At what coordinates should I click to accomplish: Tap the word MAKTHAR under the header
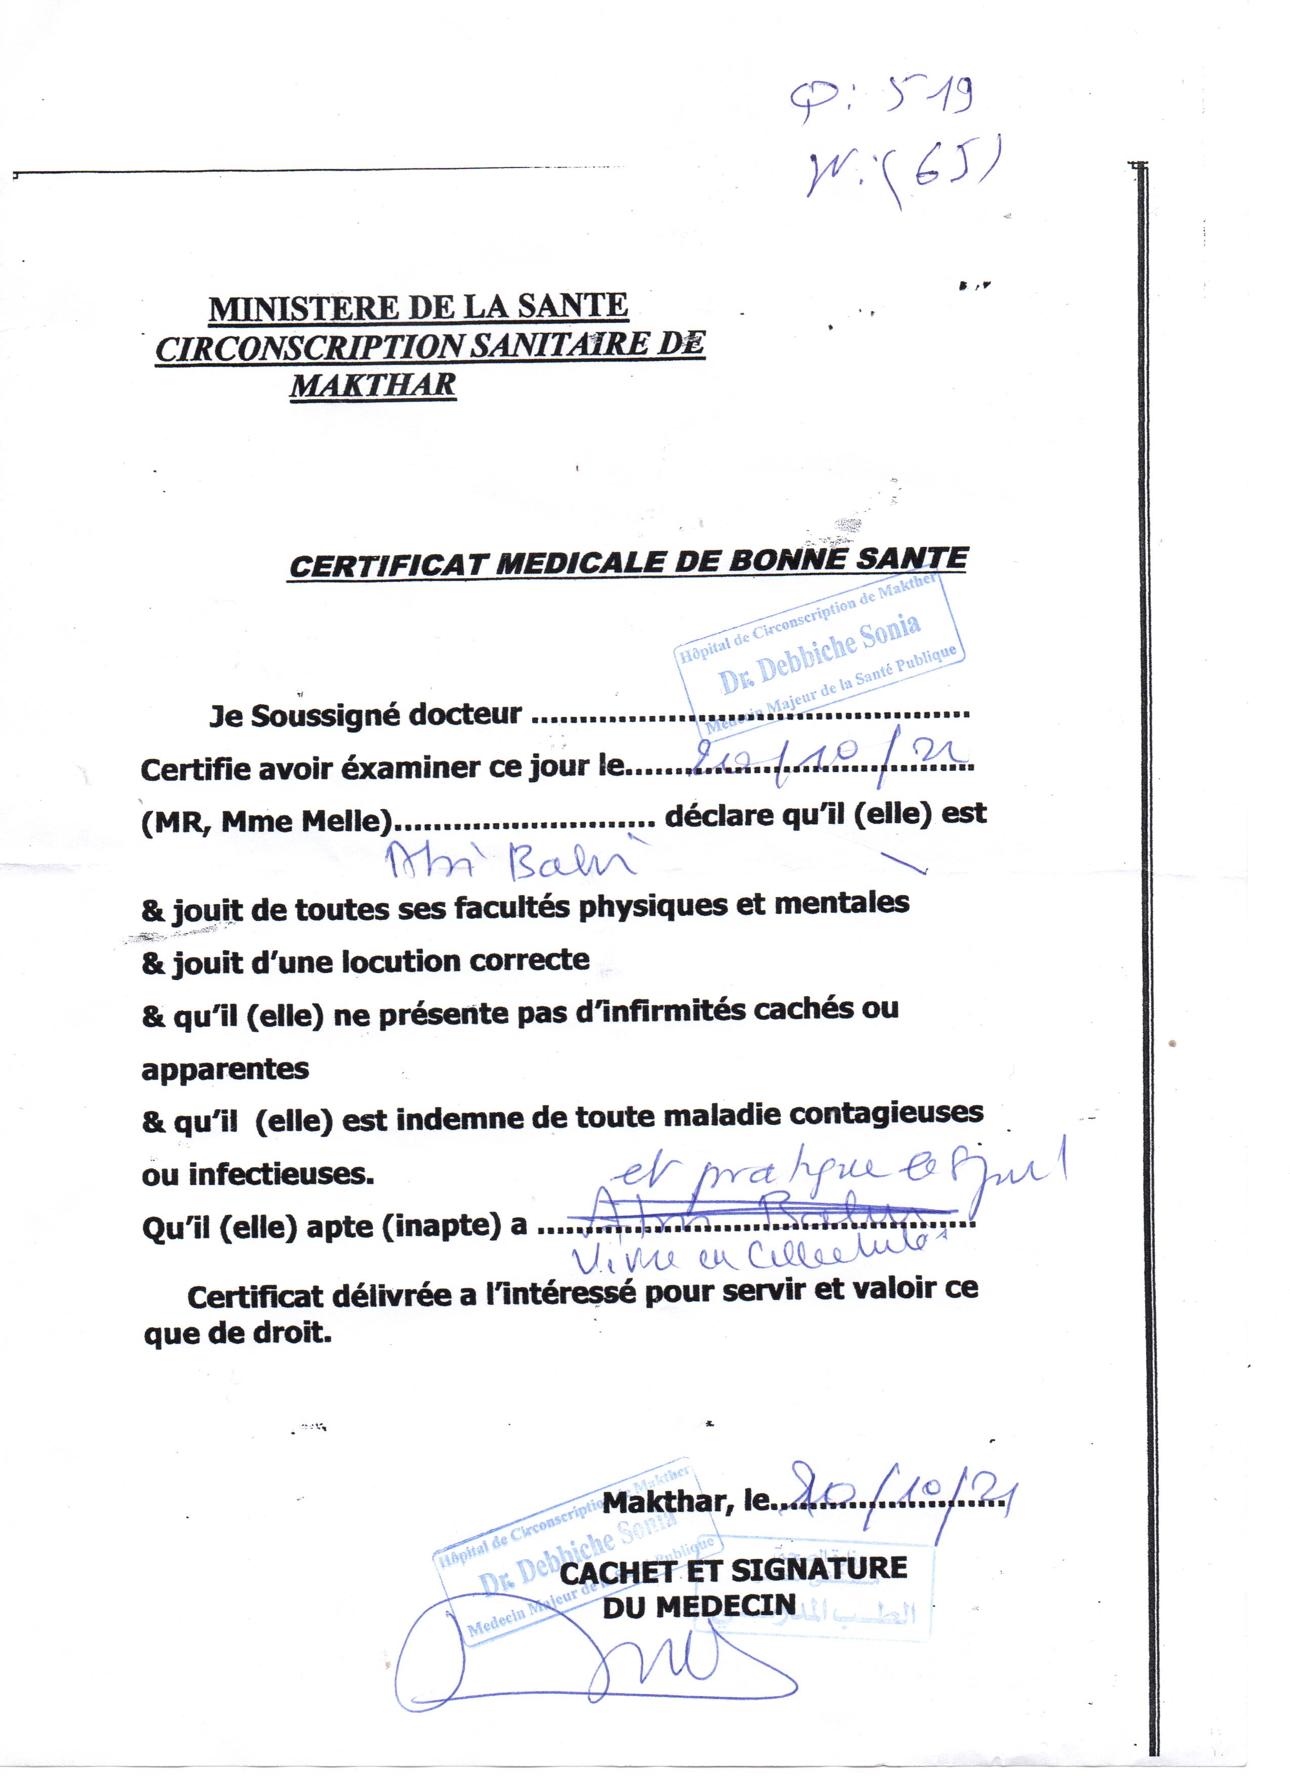[373, 385]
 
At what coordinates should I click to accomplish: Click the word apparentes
[226, 1069]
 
